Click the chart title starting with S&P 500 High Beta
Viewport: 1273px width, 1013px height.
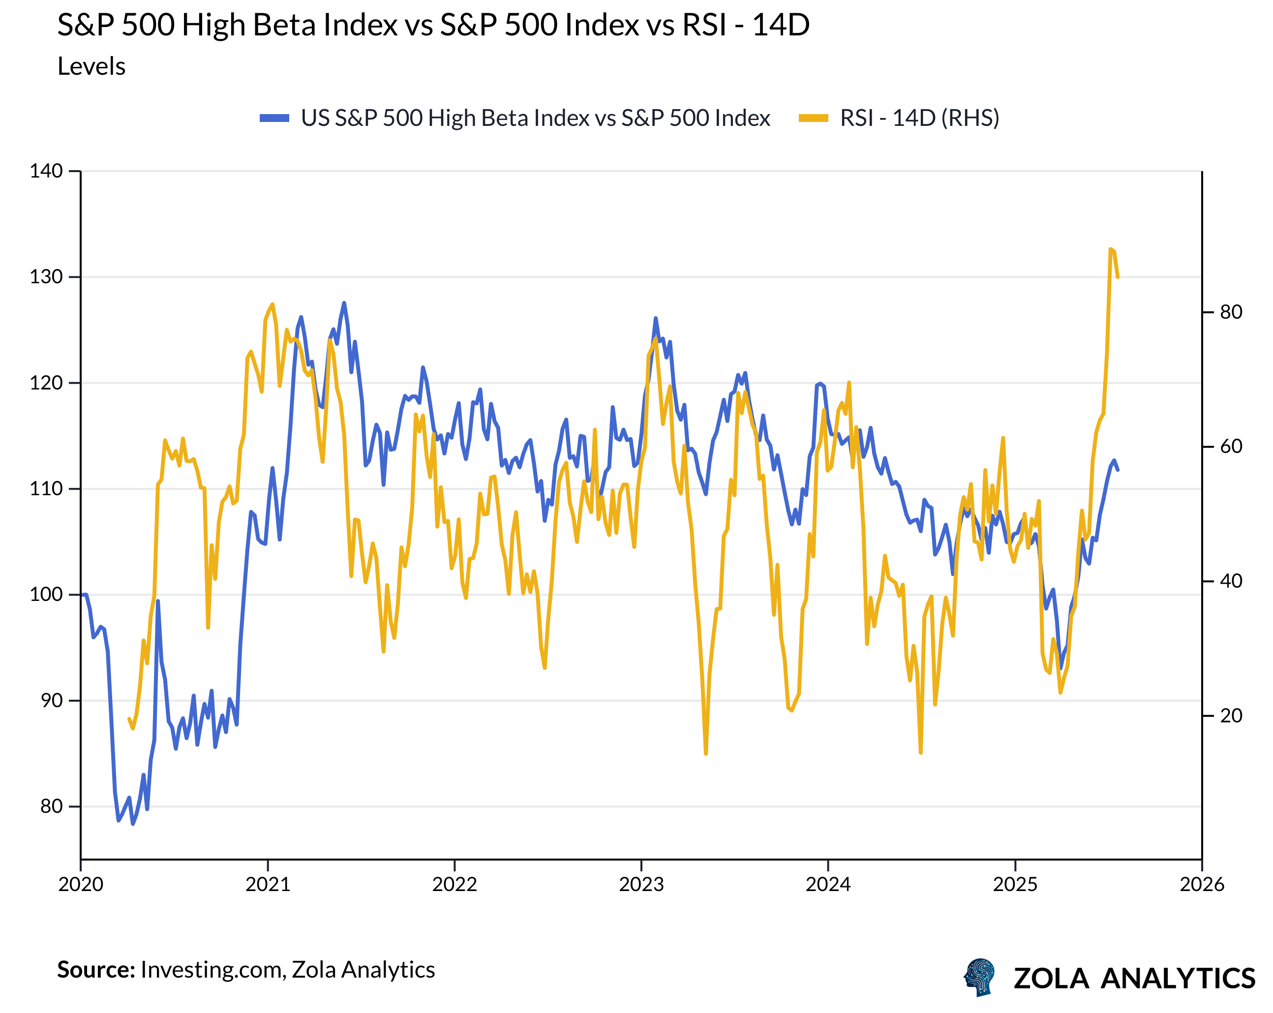pyautogui.click(x=433, y=26)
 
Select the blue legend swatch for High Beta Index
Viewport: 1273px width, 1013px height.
pyautogui.click(x=274, y=118)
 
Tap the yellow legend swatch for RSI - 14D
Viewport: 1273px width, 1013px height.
pyautogui.click(x=813, y=118)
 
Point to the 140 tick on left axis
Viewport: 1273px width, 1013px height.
pyautogui.click(x=46, y=171)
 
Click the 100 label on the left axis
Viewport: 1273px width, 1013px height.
pyautogui.click(x=46, y=595)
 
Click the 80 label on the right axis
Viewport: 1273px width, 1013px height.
pyautogui.click(x=1231, y=312)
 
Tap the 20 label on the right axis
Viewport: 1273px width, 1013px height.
pyautogui.click(x=1231, y=716)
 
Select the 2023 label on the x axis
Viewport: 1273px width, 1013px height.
pyautogui.click(x=641, y=884)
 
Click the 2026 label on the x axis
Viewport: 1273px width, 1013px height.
pyautogui.click(x=1202, y=884)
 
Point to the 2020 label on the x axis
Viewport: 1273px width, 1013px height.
pyautogui.click(x=81, y=884)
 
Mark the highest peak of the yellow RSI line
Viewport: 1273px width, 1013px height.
pyautogui.click(x=1111, y=249)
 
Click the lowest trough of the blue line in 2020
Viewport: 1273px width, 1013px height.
pyautogui.click(x=133, y=824)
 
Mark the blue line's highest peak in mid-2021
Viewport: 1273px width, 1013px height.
pyautogui.click(x=344, y=303)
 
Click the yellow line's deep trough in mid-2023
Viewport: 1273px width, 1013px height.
pyautogui.click(x=705, y=754)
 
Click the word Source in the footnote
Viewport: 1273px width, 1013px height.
pyautogui.click(x=95, y=970)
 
